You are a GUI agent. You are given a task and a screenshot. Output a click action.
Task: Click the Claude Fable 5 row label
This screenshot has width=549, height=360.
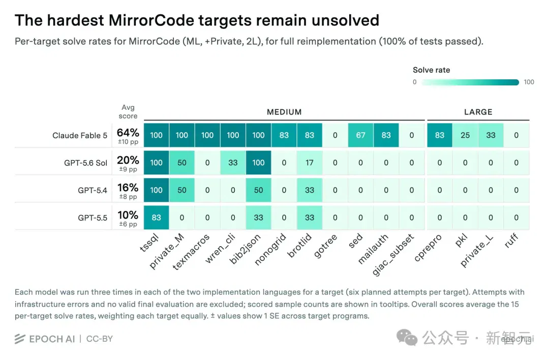80,136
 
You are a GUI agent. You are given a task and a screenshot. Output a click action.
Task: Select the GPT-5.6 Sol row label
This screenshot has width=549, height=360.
85,163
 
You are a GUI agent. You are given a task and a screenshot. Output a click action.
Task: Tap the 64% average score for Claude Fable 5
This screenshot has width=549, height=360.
128,133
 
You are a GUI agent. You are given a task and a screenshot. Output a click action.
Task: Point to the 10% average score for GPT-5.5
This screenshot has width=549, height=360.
128,215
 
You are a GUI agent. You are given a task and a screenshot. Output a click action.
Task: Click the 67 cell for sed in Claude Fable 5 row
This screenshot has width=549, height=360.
360,135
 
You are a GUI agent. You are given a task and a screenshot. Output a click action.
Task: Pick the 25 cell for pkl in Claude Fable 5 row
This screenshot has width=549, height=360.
465,135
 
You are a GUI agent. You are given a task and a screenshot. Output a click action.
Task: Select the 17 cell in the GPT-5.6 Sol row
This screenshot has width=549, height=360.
310,163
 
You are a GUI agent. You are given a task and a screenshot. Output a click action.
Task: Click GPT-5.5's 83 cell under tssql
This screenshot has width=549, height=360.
156,218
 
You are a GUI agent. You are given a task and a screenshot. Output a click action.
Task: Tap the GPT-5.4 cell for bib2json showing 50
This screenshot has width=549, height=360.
258,190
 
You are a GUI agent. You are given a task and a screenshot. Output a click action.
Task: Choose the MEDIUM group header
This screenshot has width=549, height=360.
284,112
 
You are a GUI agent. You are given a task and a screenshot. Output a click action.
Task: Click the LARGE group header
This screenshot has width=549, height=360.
478,112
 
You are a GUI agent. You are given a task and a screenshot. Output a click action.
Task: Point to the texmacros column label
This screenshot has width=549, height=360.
192,252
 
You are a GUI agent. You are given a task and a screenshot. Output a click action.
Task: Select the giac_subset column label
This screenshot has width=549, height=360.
393,255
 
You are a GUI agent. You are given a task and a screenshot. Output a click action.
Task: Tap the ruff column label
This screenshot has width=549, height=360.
511,241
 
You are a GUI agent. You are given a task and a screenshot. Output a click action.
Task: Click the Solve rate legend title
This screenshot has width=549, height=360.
432,70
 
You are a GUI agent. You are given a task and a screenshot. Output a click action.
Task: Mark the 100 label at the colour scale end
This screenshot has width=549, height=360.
529,82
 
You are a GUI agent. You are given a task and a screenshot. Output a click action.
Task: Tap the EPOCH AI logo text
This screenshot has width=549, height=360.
52,339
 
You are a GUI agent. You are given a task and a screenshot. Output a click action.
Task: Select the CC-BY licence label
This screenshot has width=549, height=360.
100,339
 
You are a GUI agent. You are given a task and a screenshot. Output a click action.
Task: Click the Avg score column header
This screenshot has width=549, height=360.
128,112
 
